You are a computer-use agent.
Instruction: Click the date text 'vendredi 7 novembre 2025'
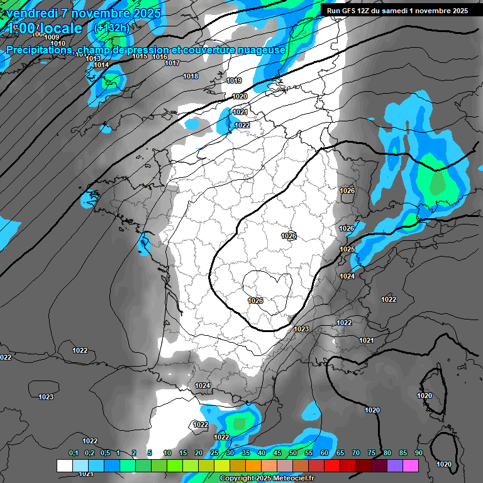(84, 13)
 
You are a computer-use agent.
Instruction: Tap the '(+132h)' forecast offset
(113, 28)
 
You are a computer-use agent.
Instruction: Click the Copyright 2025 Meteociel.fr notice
(267, 478)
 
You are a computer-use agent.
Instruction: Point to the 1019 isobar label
(234, 80)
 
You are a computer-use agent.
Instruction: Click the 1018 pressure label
(191, 76)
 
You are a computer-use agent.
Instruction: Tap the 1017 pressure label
(172, 63)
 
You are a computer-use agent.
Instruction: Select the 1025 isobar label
(347, 249)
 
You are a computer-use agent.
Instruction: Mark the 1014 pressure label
(101, 65)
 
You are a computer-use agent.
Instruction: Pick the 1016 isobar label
(160, 57)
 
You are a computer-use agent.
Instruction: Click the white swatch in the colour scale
(65, 465)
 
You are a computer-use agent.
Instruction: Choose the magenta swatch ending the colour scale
(411, 465)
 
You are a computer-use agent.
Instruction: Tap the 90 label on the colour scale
(418, 453)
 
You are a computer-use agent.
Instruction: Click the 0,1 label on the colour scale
(74, 453)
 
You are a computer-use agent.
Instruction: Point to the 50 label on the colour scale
(293, 453)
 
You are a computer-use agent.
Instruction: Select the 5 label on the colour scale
(150, 453)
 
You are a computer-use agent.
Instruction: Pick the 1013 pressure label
(93, 58)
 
